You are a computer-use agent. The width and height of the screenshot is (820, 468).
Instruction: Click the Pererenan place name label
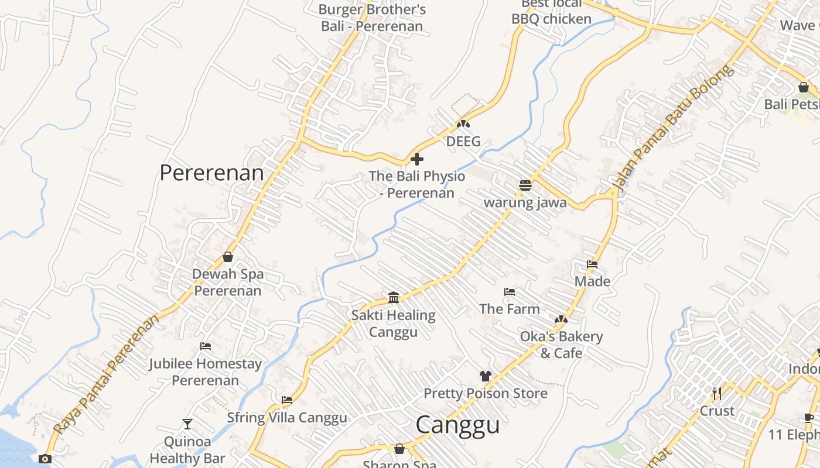point(211,173)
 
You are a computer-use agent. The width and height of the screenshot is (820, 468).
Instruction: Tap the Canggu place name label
point(457,425)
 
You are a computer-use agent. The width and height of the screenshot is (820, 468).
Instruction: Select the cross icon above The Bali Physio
point(417,159)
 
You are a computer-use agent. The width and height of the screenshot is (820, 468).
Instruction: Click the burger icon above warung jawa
point(525,185)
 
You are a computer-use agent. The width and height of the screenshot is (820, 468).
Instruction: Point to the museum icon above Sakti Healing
point(394,298)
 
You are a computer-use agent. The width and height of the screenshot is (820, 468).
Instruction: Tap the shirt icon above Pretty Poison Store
point(485,376)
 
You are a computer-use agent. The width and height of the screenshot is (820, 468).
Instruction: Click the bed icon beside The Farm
point(510,292)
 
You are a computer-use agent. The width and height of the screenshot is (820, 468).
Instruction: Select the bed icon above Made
point(592,264)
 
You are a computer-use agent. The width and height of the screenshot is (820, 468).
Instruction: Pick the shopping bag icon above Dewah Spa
point(228,257)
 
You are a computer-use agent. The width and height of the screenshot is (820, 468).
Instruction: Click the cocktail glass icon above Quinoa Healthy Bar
point(187,424)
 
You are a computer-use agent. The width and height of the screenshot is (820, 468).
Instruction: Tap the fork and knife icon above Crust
point(717,393)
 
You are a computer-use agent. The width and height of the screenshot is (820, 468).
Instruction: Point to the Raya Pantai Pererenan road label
point(106,374)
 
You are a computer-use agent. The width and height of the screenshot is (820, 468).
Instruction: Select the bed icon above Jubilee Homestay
point(205,346)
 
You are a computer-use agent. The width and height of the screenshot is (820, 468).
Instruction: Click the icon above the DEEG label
point(463,124)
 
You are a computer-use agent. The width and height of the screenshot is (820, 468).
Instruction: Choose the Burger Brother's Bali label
point(372,18)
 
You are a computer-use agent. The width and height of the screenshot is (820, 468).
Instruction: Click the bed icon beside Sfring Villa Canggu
point(287,401)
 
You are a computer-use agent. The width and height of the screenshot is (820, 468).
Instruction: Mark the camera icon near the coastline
point(45,459)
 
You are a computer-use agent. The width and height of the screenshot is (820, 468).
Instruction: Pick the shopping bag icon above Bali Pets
point(804,87)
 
